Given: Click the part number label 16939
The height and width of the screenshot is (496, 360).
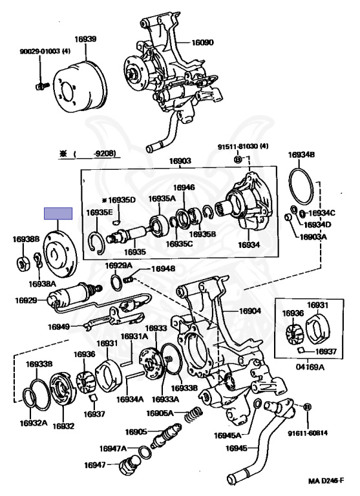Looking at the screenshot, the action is pos(85,39).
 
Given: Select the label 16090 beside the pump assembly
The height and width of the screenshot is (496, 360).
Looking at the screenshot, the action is pos(202,43).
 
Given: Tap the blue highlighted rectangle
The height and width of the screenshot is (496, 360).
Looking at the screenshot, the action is pos(58,214).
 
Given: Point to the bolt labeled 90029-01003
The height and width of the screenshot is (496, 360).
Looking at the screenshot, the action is pos(40,86).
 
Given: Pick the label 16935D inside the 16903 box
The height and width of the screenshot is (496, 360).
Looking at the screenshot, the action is pos(122,200).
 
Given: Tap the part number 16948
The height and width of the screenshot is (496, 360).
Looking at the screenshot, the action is pos(163,269).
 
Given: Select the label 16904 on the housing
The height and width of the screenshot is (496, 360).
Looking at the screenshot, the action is pos(250,311).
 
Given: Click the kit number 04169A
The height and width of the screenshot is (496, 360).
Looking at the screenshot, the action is pos(310,367).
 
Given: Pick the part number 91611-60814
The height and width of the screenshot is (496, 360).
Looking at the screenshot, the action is pos(308,433).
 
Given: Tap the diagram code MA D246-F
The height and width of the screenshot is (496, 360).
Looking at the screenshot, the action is pos(326,481).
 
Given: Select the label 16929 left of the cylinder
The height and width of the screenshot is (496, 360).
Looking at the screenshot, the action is pos(26,300).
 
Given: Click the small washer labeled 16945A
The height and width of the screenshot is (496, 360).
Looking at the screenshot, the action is pos(258,403).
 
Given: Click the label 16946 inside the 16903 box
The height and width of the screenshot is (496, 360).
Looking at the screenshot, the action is pos(184,188).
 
